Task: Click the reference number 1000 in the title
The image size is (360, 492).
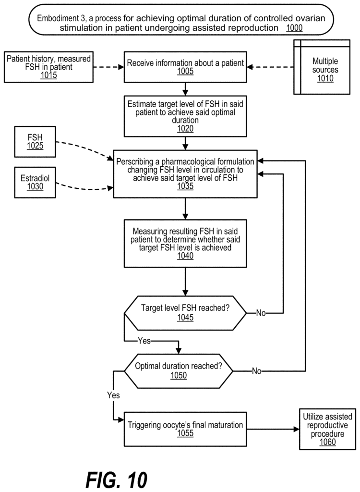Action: click(x=294, y=28)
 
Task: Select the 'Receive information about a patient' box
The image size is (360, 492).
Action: click(x=185, y=67)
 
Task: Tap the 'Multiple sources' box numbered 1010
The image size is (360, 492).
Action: click(x=322, y=67)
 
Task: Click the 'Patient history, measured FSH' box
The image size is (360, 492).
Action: click(x=48, y=67)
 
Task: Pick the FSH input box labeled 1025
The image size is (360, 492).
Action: click(x=35, y=142)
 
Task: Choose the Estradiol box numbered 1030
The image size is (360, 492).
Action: click(x=35, y=182)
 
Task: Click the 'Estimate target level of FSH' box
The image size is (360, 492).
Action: click(x=185, y=116)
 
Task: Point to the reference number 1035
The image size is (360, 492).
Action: click(x=185, y=186)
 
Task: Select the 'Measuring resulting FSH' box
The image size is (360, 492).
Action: click(x=185, y=244)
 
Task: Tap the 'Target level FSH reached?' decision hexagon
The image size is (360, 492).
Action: click(x=185, y=313)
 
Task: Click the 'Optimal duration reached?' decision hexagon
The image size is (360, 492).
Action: click(x=179, y=371)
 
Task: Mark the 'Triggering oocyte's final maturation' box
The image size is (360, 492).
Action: click(x=185, y=429)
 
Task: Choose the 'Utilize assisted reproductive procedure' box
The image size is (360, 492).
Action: click(x=327, y=429)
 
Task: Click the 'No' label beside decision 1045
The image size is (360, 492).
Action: click(x=261, y=313)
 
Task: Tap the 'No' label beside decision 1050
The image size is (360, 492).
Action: click(x=256, y=371)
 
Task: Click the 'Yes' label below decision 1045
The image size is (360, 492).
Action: click(x=144, y=341)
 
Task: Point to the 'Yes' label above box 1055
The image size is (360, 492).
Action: click(x=113, y=395)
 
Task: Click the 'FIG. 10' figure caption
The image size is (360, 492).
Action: click(x=116, y=479)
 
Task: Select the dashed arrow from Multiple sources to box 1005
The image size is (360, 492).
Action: click(x=270, y=67)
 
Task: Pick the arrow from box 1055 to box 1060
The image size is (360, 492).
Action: click(x=273, y=429)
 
